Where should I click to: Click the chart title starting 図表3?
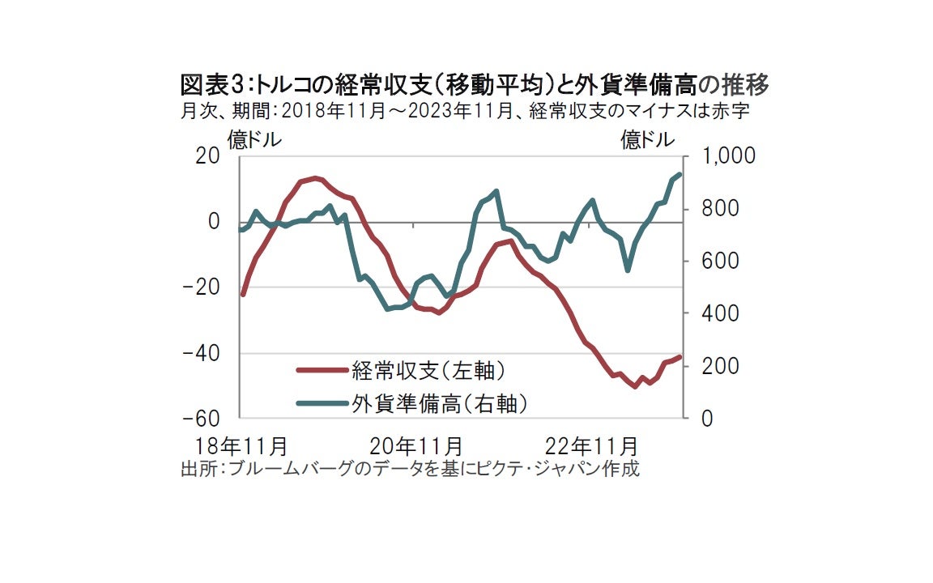pyautogui.click(x=474, y=83)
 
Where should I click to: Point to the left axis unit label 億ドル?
pyautogui.click(x=254, y=140)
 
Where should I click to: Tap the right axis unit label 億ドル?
pyautogui.click(x=647, y=140)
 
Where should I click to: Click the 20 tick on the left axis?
pyautogui.click(x=209, y=155)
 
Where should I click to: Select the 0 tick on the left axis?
pyautogui.click(x=214, y=221)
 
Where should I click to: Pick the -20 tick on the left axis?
pyautogui.click(x=202, y=287)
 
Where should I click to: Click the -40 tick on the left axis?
pyautogui.click(x=202, y=353)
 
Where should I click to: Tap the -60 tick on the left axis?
pyautogui.click(x=202, y=419)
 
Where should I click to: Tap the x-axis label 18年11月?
pyautogui.click(x=242, y=445)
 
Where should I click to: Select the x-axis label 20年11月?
pyautogui.click(x=416, y=445)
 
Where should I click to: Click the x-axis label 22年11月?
pyautogui.click(x=592, y=445)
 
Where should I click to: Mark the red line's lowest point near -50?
pyautogui.click(x=635, y=386)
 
